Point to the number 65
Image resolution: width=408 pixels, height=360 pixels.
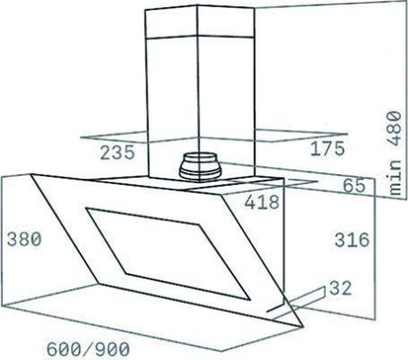coord(354,186)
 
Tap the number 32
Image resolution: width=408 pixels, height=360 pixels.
coord(339,289)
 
